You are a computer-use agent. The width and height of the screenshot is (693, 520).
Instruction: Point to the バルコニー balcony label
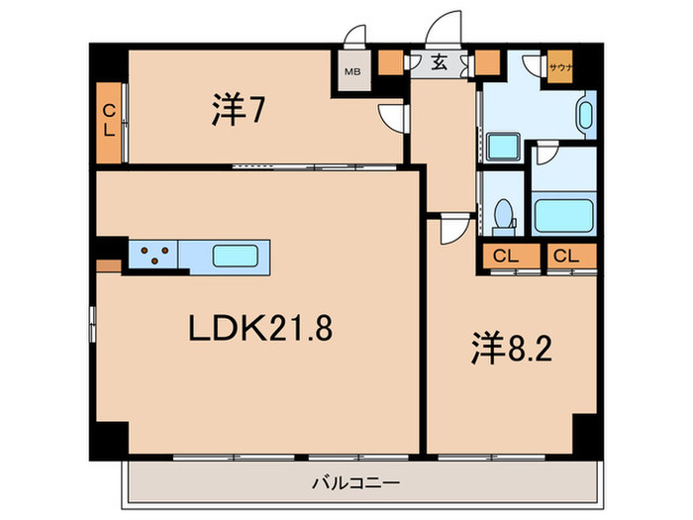coord(355,483)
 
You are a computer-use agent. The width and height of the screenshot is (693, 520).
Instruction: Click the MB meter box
coord(351,71)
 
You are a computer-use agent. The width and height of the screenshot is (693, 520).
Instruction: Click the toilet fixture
coord(502,214)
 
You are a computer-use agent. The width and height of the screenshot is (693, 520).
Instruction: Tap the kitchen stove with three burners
coord(152,256)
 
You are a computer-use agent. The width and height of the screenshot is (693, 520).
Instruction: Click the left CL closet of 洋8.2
coord(506,256)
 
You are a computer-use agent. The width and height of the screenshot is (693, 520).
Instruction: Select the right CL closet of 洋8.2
coord(566,256)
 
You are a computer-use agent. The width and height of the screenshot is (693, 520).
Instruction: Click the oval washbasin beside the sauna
coord(585,117)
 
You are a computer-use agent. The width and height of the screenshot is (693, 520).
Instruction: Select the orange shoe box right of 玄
coord(486,65)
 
